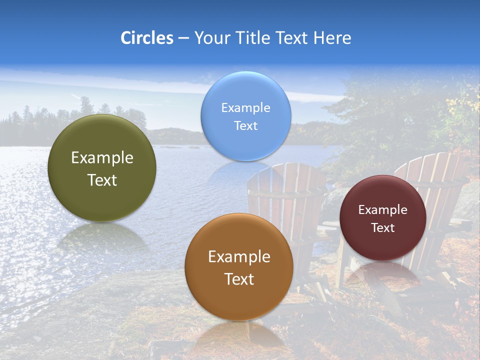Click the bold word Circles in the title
click(147, 38)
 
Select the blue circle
click(245, 116)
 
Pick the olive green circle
click(102, 168)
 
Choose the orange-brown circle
click(239, 267)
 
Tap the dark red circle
click(382, 218)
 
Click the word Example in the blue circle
click(245, 107)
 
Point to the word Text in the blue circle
click(245, 125)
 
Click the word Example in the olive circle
click(102, 158)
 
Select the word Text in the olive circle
click(102, 180)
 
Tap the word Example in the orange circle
click(239, 257)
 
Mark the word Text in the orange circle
click(239, 279)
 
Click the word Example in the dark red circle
click(382, 210)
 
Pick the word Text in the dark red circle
click(382, 228)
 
